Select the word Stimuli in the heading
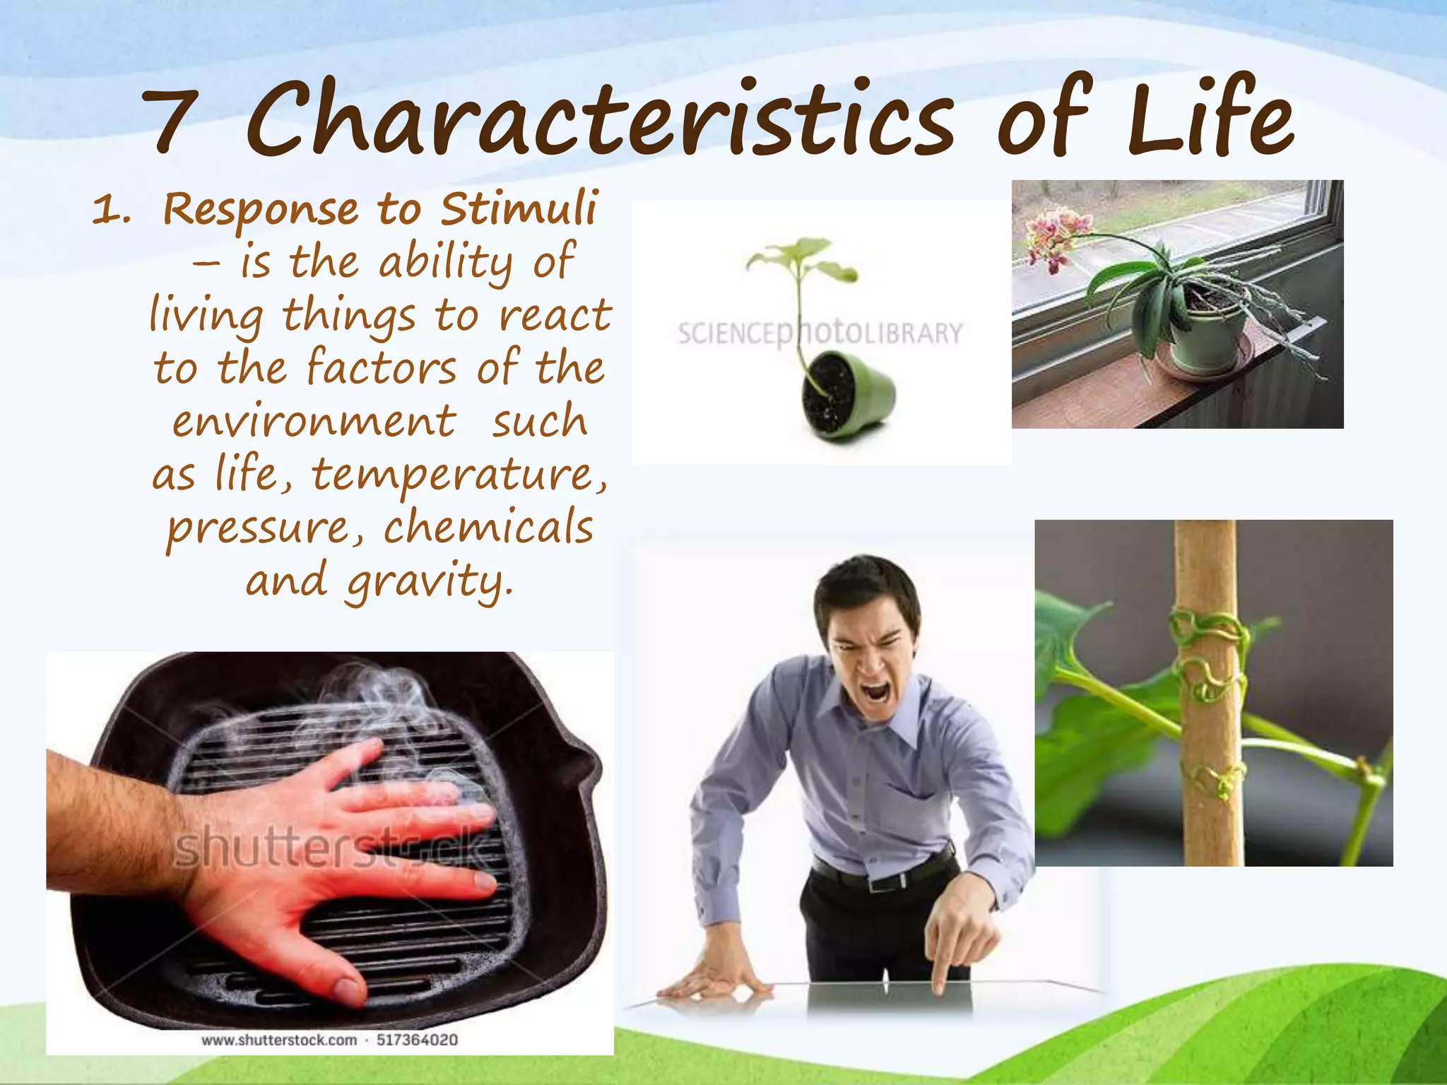point(519,209)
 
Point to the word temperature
point(459,475)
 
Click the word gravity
point(427,582)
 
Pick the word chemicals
point(488,528)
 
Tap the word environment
point(314,422)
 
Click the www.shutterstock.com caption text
point(279,1040)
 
